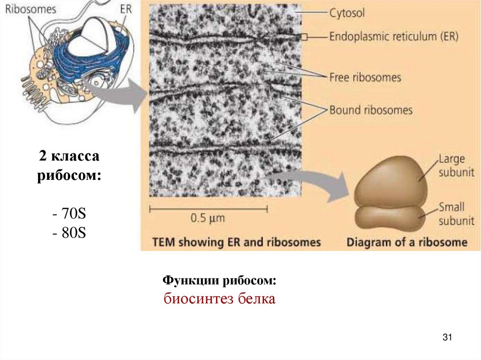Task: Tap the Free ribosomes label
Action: [x=365, y=77]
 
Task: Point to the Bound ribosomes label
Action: [x=370, y=111]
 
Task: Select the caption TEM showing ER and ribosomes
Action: [x=236, y=243]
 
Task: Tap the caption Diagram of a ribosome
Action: [x=407, y=243]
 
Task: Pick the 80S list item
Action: [x=69, y=233]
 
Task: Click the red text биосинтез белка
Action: [x=219, y=299]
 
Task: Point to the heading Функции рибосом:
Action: [x=219, y=280]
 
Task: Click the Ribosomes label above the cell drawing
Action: [x=31, y=9]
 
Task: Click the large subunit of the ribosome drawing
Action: [x=388, y=181]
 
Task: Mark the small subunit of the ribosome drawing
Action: [x=388, y=217]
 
